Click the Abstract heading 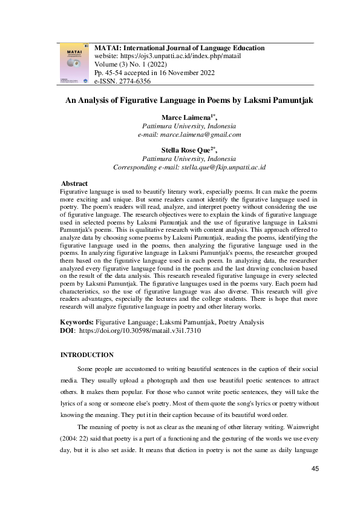coord(74,183)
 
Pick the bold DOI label coord(68,332)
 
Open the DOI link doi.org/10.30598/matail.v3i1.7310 coord(140,332)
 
